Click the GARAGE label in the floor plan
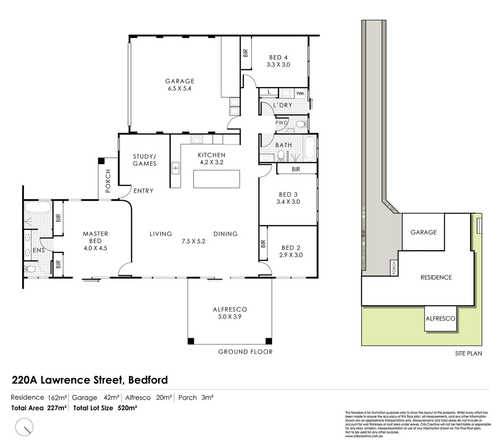pos(179,81)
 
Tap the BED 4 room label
pos(278,58)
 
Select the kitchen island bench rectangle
pos(216,179)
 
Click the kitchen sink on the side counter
pos(176,168)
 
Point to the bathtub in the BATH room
pos(309,149)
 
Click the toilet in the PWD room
pos(301,124)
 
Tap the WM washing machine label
pos(300,94)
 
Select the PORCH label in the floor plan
pos(108,180)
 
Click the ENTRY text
pos(143,191)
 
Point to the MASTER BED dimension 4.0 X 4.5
pos(95,248)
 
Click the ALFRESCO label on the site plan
pos(440,318)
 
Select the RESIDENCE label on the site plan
pos(436,277)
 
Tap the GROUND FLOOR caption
pos(245,352)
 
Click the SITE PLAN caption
pos(468,354)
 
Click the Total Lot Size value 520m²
pos(127,408)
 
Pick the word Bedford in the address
pos(148,380)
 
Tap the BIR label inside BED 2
pos(263,244)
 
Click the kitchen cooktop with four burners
pos(197,139)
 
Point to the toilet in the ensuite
pos(30,269)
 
